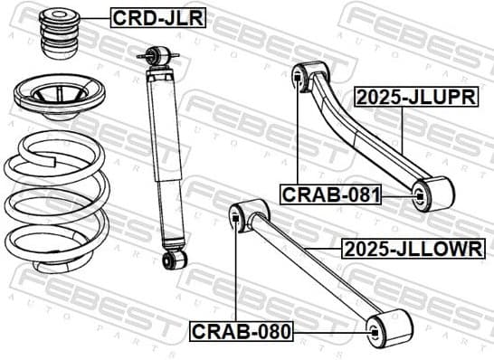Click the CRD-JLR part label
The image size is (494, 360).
pos(157,17)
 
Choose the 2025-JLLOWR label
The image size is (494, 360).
pos(412,249)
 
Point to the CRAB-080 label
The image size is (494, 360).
pos(241,331)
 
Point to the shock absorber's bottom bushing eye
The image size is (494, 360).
pos(169,261)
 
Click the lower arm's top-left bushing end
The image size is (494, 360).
pos(243,216)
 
